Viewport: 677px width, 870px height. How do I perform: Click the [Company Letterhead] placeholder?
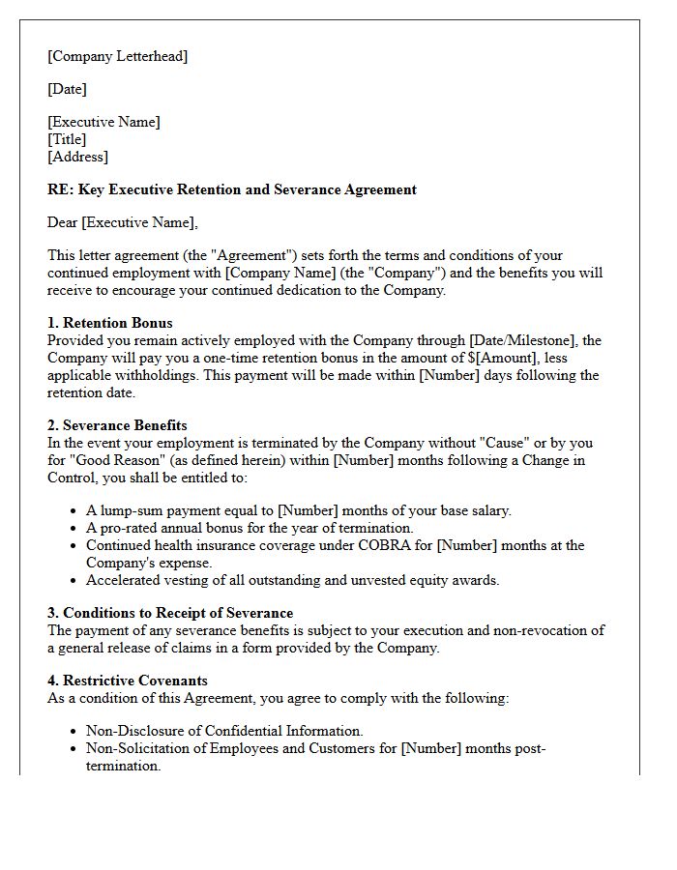click(x=117, y=56)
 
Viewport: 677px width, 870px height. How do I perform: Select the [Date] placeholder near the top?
click(x=67, y=89)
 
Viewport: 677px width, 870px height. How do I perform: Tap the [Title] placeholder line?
click(x=67, y=139)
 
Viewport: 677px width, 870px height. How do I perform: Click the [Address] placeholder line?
click(x=77, y=157)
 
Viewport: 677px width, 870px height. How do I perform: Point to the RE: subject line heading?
click(x=232, y=189)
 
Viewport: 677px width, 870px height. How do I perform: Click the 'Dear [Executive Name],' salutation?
click(x=122, y=222)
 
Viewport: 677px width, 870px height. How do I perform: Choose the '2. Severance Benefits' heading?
click(x=117, y=425)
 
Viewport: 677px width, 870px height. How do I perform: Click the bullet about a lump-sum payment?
click(x=298, y=510)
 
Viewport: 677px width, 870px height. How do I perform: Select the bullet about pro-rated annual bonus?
click(x=249, y=528)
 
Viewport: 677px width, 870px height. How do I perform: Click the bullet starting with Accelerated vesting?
click(x=292, y=580)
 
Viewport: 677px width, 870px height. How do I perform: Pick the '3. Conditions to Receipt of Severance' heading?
click(x=170, y=613)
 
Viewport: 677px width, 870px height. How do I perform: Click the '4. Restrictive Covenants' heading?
click(x=127, y=681)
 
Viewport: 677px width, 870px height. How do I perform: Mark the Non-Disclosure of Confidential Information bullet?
click(x=224, y=731)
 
